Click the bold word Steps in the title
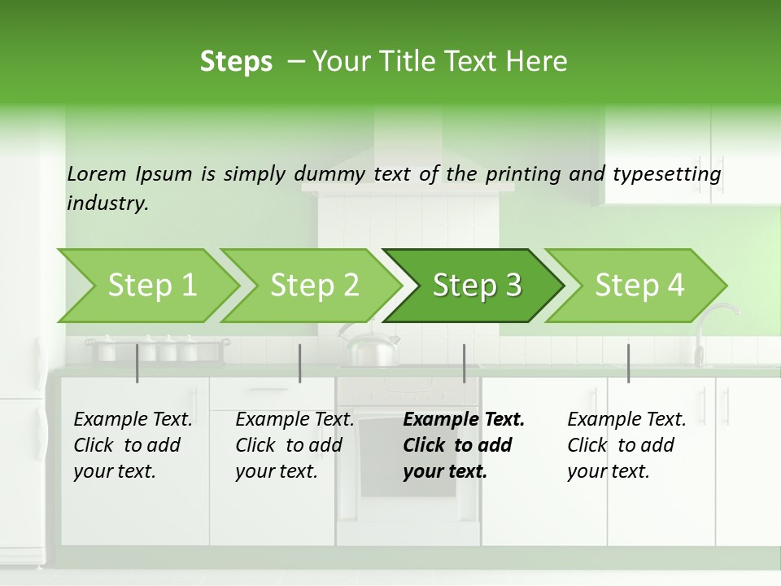pos(236,62)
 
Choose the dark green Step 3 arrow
pos(477,286)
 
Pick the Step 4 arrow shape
pos(639,286)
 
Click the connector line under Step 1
pos(137,363)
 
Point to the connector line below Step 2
pos(300,363)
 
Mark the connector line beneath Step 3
pos(464,363)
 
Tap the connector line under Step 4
pos(628,363)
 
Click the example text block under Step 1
pos(133,445)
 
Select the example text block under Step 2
pos(295,445)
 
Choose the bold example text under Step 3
pos(464,445)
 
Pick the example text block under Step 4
pos(626,445)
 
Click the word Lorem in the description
pos(97,173)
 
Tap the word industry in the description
pos(107,203)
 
